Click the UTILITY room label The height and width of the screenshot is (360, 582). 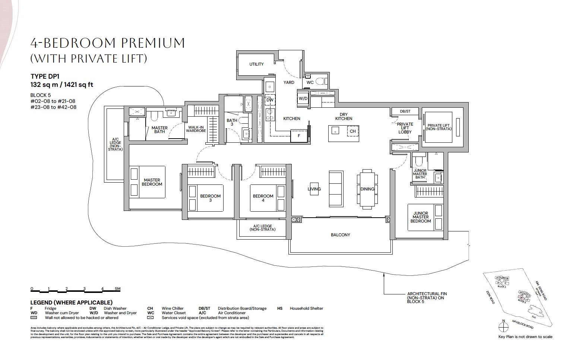point(256,64)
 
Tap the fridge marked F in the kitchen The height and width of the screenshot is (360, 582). point(299,136)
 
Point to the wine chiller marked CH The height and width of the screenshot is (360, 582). point(352,131)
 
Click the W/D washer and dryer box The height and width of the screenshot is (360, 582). point(303,99)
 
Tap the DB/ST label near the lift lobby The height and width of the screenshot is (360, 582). point(405,111)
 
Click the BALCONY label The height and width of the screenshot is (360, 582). point(340,235)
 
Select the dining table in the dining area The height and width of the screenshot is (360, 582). point(367,189)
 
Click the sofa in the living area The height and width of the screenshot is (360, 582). point(336,189)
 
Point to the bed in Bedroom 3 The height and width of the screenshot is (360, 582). point(205,198)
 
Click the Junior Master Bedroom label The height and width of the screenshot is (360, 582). point(421,217)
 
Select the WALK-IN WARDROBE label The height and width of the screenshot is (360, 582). point(196,129)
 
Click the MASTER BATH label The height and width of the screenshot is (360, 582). point(160,130)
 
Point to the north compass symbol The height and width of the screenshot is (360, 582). point(503,327)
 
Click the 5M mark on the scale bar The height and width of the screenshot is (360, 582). point(117,289)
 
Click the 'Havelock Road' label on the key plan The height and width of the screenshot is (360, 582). point(522,325)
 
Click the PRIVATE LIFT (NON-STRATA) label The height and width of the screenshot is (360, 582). point(439,127)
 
